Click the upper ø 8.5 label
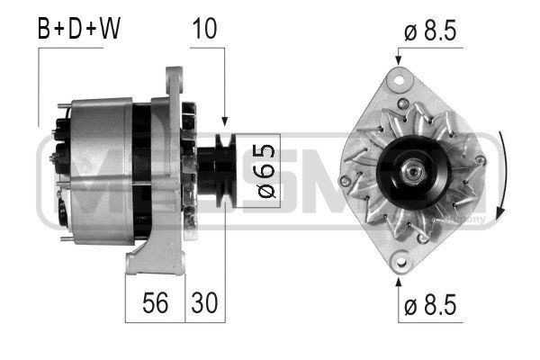[x=431, y=31]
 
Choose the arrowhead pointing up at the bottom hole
[x=398, y=281]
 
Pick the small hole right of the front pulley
[x=481, y=161]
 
